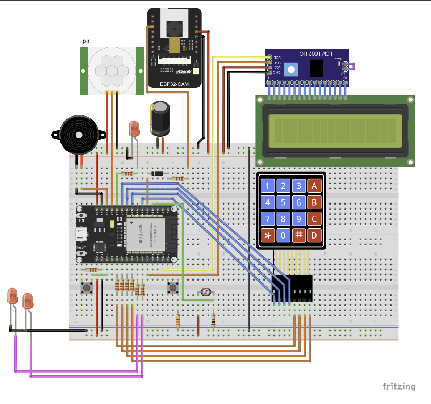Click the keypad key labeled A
[314, 186]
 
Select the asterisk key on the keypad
[268, 236]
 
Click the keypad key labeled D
[314, 236]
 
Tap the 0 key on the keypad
[283, 236]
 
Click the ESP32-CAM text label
[174, 84]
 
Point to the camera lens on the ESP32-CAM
[173, 28]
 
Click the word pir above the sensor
[86, 41]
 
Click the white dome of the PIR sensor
[112, 70]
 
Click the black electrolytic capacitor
[160, 119]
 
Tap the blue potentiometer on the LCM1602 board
[291, 69]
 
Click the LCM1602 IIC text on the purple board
[315, 54]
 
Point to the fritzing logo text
[398, 386]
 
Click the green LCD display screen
[335, 131]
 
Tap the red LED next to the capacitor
[134, 129]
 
